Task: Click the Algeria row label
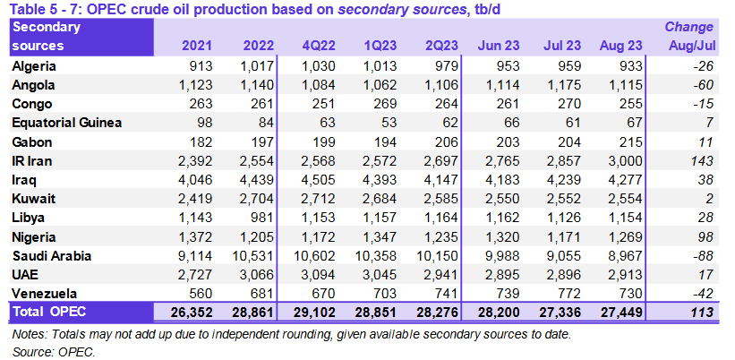(34, 67)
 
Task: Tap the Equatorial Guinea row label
(67, 122)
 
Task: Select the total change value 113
(701, 311)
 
